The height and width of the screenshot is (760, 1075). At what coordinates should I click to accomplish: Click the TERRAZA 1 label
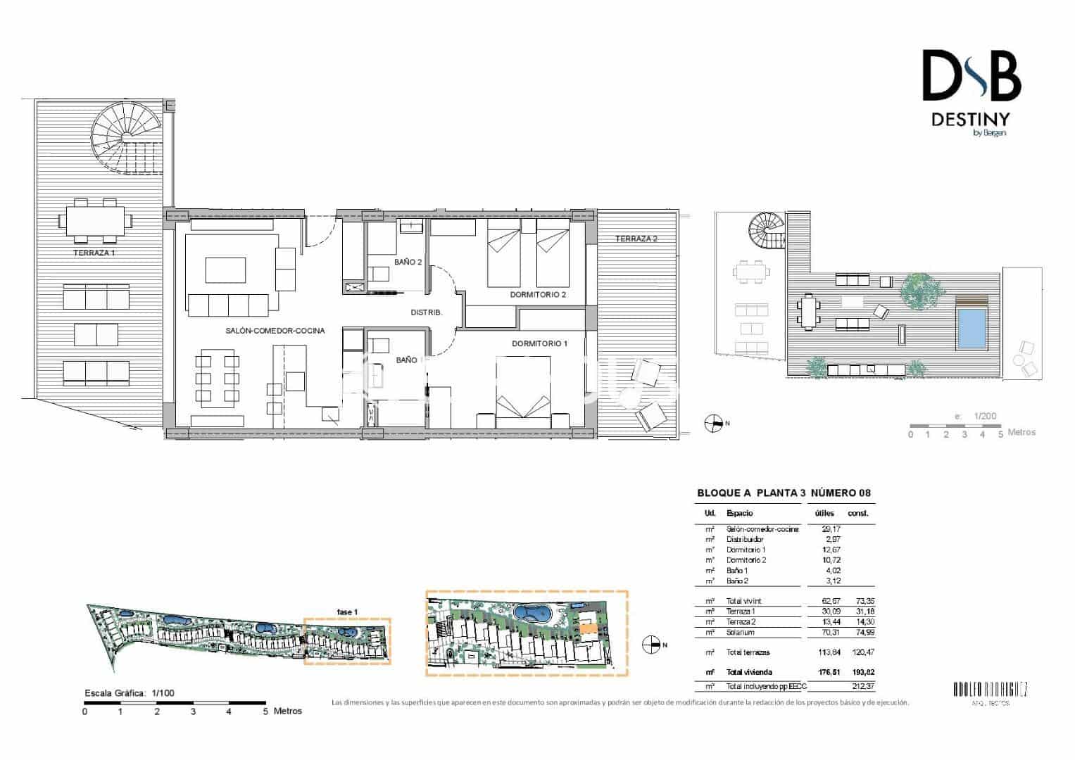94,252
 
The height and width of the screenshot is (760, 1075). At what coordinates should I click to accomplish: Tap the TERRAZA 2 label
636,239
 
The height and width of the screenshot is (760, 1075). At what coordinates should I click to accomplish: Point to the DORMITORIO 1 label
539,343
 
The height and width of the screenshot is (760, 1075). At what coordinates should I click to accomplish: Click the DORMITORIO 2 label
538,295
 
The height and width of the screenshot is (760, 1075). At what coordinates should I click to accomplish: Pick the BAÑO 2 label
408,262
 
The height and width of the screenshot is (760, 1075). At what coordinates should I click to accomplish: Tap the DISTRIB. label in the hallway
426,312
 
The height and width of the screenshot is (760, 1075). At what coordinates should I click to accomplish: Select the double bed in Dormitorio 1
523,391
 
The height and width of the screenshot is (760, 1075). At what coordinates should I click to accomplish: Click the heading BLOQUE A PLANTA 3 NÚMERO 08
784,493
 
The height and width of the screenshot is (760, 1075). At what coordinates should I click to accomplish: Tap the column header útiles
824,514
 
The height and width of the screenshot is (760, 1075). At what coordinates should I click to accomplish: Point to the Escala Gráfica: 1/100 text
129,693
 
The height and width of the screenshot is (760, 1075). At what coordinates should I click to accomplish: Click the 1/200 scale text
985,416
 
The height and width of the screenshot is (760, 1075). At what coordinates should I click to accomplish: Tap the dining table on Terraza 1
95,220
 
